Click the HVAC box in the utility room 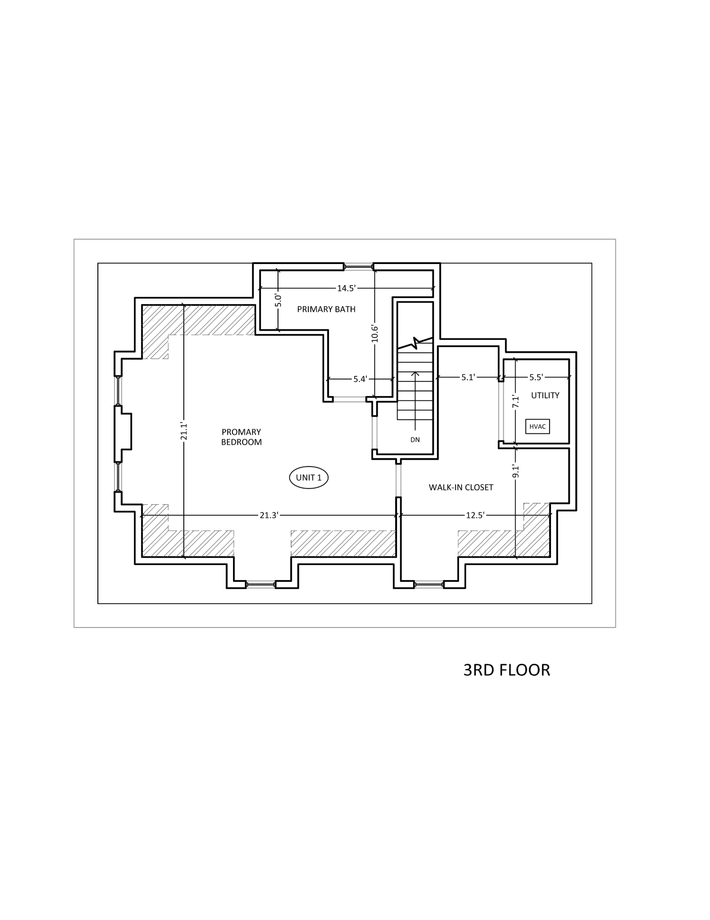pos(537,426)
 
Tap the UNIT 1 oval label pos(308,477)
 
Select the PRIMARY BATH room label pos(326,309)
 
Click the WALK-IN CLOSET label pos(461,487)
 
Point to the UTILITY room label pos(545,395)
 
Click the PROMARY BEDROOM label pos(241,437)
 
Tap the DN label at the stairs pos(415,440)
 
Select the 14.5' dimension pos(346,288)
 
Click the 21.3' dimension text pos(269,515)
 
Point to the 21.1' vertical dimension pos(184,431)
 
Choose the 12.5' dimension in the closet pos(475,515)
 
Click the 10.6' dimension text pos(375,333)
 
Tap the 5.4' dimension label pos(360,379)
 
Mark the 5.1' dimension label pos(468,378)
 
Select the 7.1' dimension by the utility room pos(516,401)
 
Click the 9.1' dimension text pos(516,471)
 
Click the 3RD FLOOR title pos(506,670)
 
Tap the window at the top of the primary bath pos(358,266)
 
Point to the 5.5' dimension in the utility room pos(536,378)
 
